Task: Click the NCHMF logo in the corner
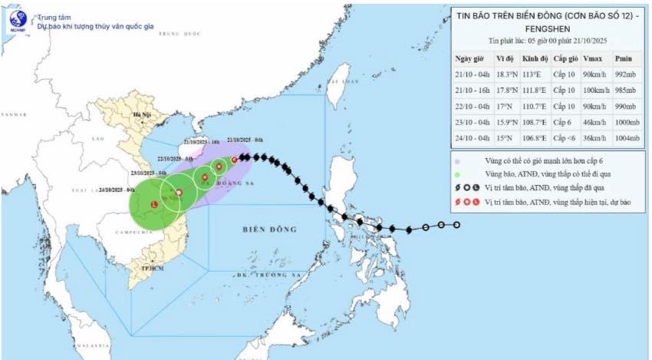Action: coord(17,21)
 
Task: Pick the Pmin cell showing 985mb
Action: coord(626,90)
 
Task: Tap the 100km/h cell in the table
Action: coord(595,90)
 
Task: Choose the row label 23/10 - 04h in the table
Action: coord(473,122)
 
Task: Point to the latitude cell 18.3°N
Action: coord(505,74)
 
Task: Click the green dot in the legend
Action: coord(457,174)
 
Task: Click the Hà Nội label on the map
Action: coord(142,115)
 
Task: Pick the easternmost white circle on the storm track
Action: coord(457,225)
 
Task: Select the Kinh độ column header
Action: coord(535,58)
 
